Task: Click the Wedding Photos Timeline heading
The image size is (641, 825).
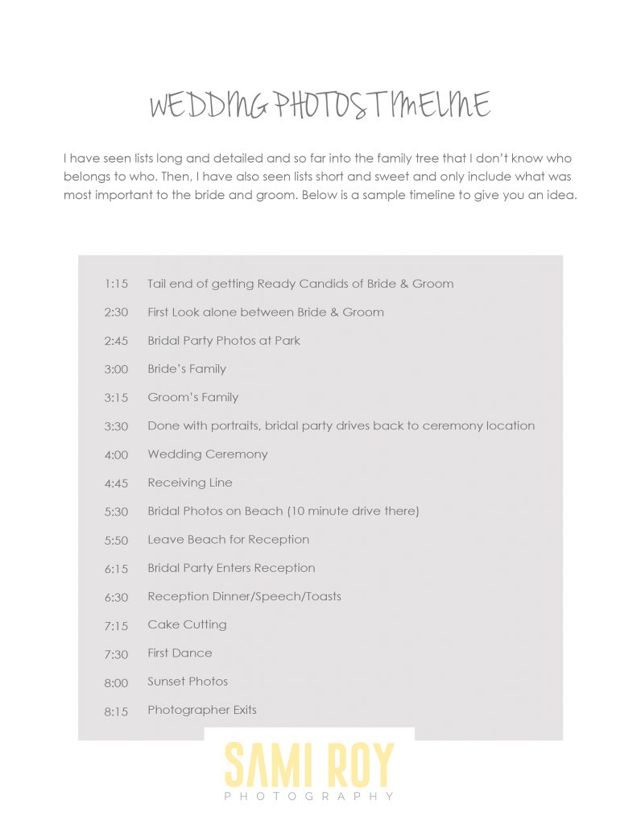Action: [320, 106]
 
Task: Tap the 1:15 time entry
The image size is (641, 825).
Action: [116, 284]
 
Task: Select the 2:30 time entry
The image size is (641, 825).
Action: [116, 313]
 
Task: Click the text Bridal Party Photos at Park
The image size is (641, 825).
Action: [224, 341]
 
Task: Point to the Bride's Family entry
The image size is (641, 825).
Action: [187, 369]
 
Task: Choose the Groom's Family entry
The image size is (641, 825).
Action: [192, 397]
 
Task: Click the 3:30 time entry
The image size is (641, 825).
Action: [116, 426]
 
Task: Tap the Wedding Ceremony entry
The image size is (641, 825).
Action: [208, 454]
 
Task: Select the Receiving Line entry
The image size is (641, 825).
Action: [190, 483]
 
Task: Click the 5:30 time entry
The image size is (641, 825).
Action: [116, 512]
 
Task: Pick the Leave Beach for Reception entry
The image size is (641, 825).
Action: [228, 540]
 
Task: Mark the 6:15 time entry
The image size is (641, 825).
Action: [116, 569]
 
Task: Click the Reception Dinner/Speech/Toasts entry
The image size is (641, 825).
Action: [244, 597]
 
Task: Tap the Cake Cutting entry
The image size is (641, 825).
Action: [187, 625]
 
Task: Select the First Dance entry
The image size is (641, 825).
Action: [180, 653]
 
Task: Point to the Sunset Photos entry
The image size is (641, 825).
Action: [188, 682]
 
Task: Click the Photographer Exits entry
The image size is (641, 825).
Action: [202, 711]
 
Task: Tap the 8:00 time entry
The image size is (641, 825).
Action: [116, 683]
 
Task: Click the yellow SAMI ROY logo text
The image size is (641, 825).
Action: [309, 765]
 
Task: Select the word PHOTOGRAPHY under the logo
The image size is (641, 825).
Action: [309, 797]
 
